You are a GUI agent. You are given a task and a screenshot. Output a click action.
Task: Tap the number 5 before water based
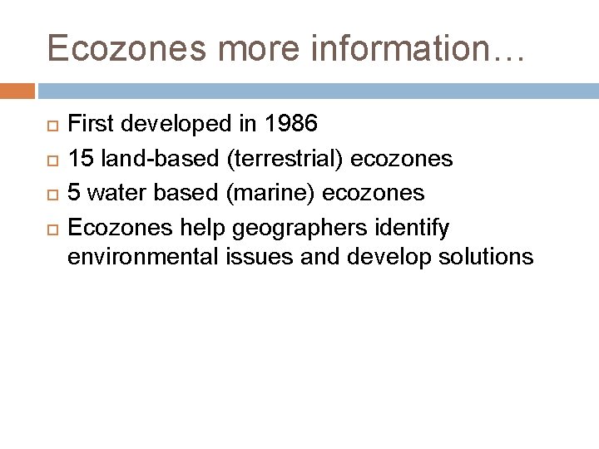(x=73, y=193)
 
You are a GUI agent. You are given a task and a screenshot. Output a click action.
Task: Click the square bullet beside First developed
(x=52, y=126)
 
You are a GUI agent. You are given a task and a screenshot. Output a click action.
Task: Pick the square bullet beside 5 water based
(x=52, y=194)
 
